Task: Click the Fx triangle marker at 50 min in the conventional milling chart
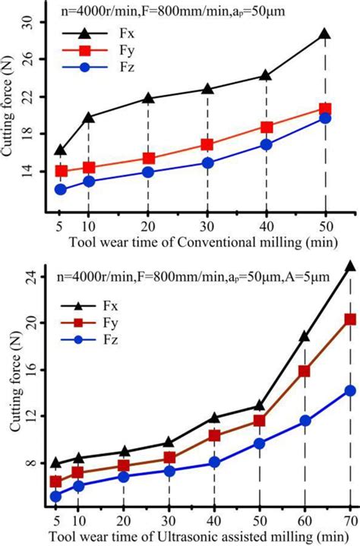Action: click(x=325, y=34)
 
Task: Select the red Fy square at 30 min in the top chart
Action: click(x=207, y=144)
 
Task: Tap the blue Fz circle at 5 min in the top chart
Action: click(x=61, y=190)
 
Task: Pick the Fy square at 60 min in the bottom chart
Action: click(x=305, y=371)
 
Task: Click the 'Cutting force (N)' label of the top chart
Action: click(x=11, y=122)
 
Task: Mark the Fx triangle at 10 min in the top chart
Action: click(x=89, y=118)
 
